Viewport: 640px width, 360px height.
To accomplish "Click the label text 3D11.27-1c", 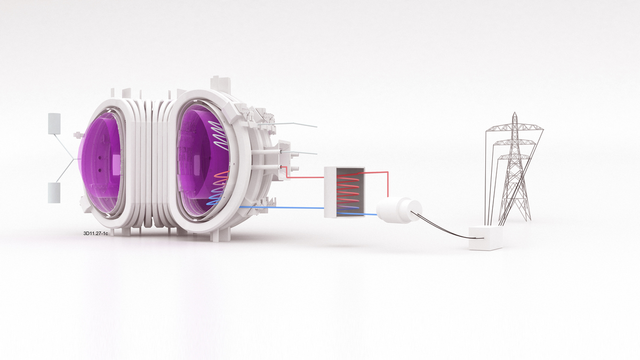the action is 95,233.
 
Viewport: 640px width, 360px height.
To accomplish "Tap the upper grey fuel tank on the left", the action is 54,123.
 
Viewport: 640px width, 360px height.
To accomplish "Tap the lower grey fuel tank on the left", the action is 54,193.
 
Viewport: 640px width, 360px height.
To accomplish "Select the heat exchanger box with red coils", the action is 345,192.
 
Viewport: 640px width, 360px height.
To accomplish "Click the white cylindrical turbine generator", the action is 399,210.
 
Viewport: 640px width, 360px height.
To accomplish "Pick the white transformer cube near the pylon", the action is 486,238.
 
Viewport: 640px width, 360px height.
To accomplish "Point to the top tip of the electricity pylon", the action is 515,113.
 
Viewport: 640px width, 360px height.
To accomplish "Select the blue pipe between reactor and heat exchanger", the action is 282,207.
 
